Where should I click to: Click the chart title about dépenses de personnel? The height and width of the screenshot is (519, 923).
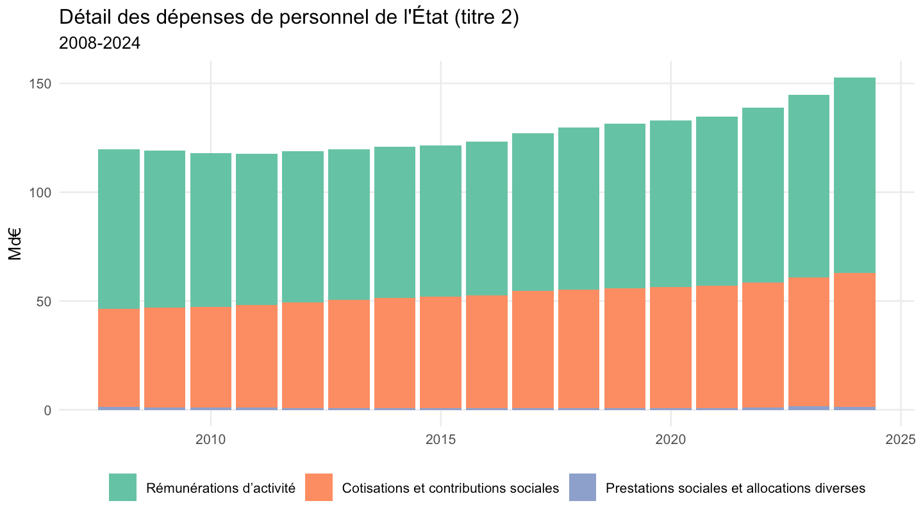pos(289,18)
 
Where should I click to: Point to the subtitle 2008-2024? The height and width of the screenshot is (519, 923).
pos(99,44)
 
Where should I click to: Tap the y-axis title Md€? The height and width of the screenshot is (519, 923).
pos(15,244)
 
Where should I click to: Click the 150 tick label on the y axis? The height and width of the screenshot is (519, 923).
pos(40,83)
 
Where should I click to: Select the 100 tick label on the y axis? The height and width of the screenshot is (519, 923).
pos(40,192)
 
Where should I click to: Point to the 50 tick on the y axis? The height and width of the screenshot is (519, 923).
pos(44,302)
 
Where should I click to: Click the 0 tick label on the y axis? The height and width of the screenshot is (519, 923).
pos(48,410)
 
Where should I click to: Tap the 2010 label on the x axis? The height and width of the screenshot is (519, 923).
pos(210,440)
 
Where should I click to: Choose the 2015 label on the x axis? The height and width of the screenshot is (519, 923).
pos(441,440)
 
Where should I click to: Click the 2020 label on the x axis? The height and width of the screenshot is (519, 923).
pos(671,440)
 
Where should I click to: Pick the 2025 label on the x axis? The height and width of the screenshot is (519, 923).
pos(901,440)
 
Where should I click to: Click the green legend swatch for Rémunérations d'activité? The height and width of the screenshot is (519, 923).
pos(122,487)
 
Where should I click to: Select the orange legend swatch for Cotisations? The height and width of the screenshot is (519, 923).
pos(319,487)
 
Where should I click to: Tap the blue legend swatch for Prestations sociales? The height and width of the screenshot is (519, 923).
pos(582,487)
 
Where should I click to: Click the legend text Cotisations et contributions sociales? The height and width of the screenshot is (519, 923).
pos(451,488)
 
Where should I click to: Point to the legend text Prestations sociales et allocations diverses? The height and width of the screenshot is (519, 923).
pos(736,488)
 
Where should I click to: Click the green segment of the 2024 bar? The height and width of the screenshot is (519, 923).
pos(854,176)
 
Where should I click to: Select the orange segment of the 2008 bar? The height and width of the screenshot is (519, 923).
pos(119,358)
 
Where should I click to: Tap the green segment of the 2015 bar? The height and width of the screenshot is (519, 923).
pos(441,221)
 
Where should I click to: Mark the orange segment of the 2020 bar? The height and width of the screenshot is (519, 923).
pos(671,348)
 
